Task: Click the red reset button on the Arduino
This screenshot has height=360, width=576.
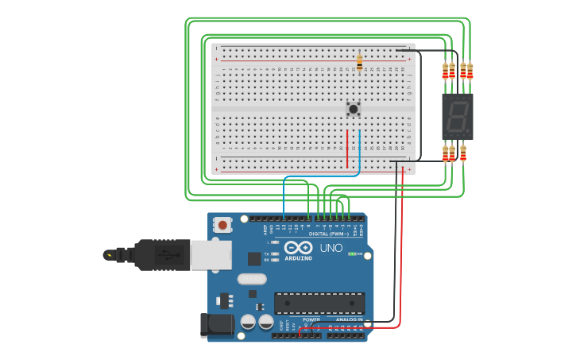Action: (x=222, y=226)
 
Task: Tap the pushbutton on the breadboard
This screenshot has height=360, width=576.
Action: (x=354, y=108)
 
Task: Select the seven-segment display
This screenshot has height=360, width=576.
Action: (x=457, y=117)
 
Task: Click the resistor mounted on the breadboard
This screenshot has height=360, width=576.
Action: (x=359, y=62)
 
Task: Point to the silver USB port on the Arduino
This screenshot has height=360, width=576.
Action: (x=211, y=254)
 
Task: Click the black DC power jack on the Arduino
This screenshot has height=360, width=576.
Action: (x=216, y=324)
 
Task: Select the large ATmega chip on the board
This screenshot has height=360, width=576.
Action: (x=319, y=303)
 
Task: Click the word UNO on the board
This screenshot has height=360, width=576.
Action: (x=331, y=248)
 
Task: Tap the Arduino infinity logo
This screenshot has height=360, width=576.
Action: (x=298, y=247)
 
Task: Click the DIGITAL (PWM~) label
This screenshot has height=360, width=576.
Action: (x=329, y=234)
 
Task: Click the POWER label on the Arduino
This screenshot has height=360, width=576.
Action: (x=311, y=319)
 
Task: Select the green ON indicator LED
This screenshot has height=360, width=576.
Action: (x=351, y=254)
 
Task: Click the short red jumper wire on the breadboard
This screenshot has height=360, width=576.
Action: (x=347, y=149)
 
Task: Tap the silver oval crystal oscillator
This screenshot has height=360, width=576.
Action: (x=251, y=279)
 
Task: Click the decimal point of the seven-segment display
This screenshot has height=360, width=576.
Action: (x=467, y=130)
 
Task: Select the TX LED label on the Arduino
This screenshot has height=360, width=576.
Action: (x=266, y=254)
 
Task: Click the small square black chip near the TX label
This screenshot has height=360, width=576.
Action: (x=254, y=258)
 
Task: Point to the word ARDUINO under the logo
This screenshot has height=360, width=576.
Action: (x=298, y=258)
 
